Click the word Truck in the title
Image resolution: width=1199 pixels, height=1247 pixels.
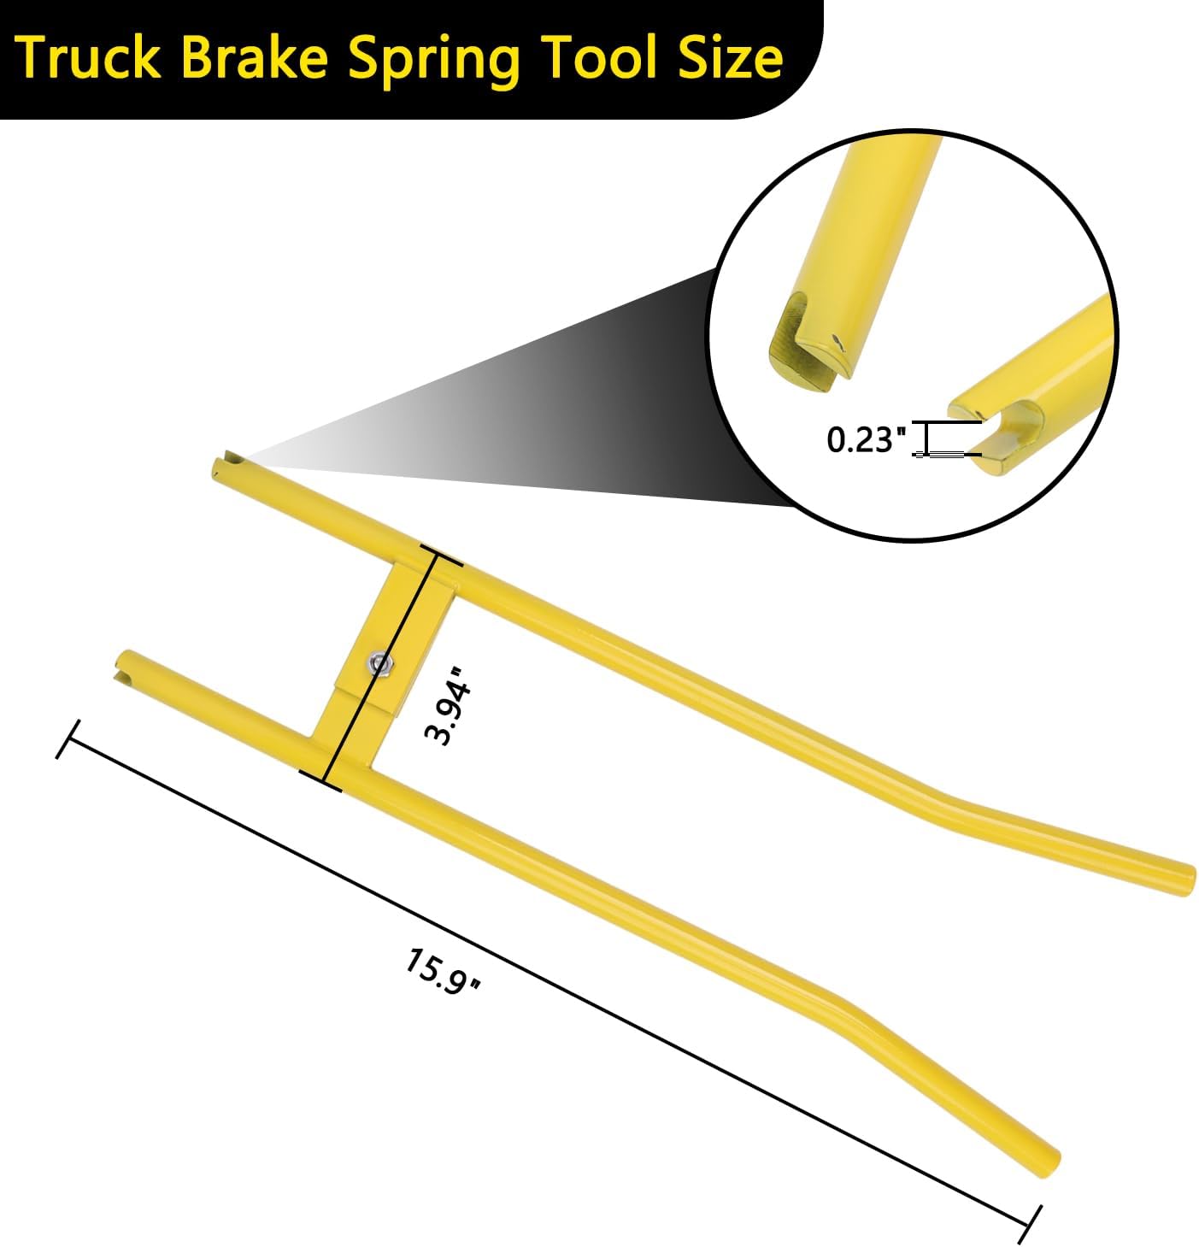[x=89, y=58]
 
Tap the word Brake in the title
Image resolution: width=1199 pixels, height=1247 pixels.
[x=255, y=58]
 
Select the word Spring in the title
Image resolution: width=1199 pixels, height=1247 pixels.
[x=432, y=62]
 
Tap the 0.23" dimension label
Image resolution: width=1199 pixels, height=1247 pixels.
[x=867, y=439]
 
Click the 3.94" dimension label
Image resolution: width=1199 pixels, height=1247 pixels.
[x=448, y=706]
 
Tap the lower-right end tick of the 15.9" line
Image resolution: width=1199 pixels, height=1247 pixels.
[x=1030, y=1225]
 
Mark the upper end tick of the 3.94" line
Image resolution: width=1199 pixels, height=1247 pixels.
[x=442, y=555]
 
